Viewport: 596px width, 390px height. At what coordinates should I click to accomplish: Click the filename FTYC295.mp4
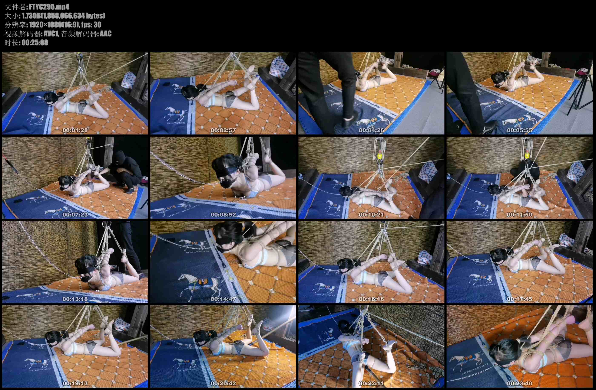click(x=49, y=7)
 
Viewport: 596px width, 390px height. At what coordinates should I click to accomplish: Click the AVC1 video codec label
click(x=51, y=34)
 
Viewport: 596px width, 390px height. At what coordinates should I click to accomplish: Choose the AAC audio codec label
click(x=106, y=34)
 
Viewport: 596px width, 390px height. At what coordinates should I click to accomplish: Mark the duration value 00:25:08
click(x=35, y=43)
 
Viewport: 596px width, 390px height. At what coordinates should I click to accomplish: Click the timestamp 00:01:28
click(x=75, y=130)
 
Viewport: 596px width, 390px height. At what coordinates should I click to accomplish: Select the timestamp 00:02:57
click(x=223, y=130)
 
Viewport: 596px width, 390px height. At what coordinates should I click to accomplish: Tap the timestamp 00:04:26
click(x=371, y=130)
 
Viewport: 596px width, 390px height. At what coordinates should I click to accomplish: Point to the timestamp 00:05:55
click(x=520, y=130)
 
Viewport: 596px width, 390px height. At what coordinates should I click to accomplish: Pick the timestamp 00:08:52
click(x=223, y=215)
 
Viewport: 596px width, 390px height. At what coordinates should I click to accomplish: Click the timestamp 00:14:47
click(x=223, y=299)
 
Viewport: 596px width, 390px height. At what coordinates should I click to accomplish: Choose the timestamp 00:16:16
click(x=371, y=299)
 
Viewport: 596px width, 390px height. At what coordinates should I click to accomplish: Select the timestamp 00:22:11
click(x=371, y=383)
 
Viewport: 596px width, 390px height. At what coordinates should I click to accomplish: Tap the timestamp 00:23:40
click(x=520, y=383)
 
